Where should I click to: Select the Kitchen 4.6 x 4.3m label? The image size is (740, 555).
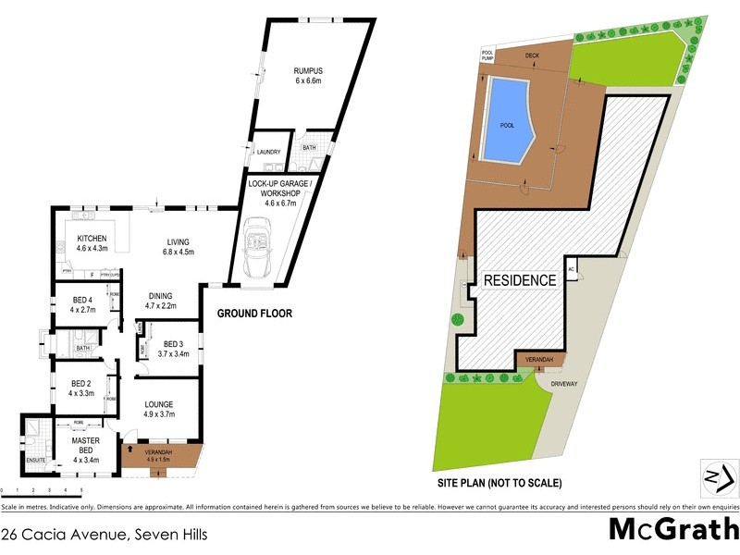[92, 243]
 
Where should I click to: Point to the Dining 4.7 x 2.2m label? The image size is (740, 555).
[160, 300]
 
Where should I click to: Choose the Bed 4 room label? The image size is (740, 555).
[83, 304]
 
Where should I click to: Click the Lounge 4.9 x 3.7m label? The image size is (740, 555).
[159, 409]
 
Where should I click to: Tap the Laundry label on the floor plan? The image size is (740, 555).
[268, 152]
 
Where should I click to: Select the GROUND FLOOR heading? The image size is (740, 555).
[254, 314]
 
